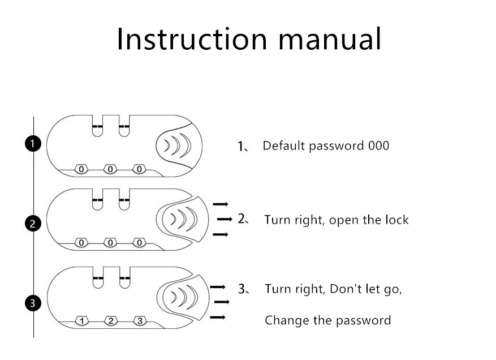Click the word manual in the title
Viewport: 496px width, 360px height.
tap(330, 38)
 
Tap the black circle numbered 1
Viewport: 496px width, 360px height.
tap(33, 143)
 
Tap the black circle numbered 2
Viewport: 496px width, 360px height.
tap(33, 224)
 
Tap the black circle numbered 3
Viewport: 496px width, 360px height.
tap(33, 303)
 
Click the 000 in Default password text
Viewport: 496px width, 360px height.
tap(378, 145)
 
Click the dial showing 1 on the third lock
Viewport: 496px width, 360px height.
tap(81, 321)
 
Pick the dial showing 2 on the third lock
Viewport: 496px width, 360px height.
tap(111, 321)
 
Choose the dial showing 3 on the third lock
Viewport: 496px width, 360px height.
tap(140, 321)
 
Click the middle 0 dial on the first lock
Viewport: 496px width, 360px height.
tap(110, 169)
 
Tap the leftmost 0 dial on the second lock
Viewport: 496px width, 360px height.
tap(81, 242)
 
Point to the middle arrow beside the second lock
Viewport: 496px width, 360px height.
tap(225, 219)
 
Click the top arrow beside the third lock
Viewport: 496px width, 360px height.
tap(218, 287)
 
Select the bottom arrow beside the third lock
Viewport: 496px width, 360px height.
tap(218, 317)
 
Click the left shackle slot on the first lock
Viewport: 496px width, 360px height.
tap(97, 126)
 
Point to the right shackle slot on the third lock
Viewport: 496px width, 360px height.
tap(125, 278)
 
